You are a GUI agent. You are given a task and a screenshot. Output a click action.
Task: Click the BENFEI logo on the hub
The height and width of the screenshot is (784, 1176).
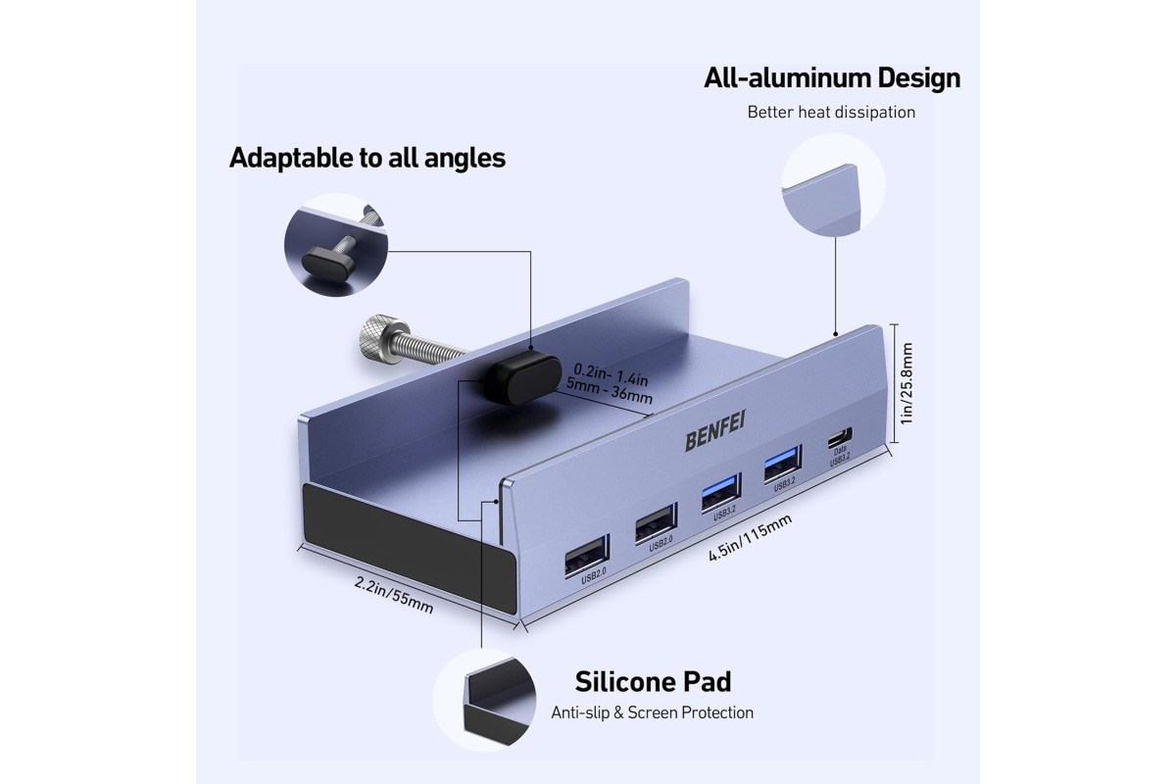[714, 430]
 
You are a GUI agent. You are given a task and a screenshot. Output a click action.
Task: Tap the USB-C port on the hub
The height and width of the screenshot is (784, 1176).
[840, 437]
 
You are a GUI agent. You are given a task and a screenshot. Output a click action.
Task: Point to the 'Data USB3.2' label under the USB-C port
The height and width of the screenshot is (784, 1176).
[840, 456]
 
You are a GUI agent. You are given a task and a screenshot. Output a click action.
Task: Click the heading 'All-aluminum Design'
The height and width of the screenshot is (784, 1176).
[832, 78]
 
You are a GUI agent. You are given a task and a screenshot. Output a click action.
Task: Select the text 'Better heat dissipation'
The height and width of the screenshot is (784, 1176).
[831, 112]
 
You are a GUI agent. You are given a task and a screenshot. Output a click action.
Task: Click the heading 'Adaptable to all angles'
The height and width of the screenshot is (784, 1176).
[367, 158]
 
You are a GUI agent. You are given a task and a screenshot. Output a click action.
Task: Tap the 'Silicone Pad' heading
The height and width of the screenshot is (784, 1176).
[653, 682]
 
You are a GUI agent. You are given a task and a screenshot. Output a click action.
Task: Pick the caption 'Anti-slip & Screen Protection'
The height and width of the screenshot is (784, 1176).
[652, 712]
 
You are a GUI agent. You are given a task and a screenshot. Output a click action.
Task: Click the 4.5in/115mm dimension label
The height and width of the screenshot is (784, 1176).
[750, 537]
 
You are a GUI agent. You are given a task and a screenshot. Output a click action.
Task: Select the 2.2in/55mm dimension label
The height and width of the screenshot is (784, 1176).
[394, 595]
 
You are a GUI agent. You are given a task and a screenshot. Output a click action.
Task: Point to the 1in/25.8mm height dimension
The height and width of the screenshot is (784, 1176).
[906, 383]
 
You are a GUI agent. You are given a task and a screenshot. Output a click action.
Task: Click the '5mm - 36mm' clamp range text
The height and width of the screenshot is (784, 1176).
[609, 390]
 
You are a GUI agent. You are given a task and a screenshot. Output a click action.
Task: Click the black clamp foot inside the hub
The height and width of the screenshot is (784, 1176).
[522, 377]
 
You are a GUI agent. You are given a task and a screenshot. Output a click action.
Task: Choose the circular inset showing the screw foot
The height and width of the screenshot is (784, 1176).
[336, 245]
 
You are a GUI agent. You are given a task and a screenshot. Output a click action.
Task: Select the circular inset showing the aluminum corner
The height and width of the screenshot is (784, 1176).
[833, 185]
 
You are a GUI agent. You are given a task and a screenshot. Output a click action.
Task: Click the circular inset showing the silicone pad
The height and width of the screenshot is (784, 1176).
[484, 700]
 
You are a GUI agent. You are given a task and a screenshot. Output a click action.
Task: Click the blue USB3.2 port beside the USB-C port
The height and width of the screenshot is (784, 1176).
[782, 463]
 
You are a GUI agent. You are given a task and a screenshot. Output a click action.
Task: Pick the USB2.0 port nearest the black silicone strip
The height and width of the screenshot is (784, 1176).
[587, 555]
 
